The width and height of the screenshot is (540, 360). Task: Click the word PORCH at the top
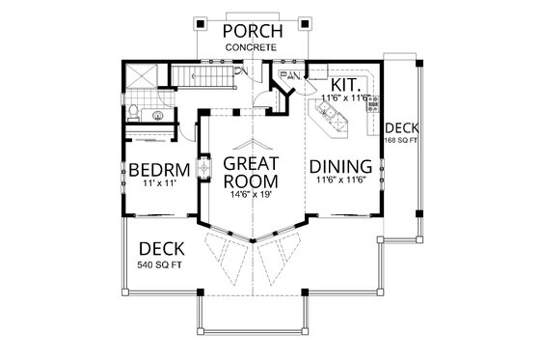coord(252,31)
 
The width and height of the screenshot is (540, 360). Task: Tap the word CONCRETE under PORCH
coord(252,47)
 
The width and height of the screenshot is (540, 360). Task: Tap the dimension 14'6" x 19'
coord(251,195)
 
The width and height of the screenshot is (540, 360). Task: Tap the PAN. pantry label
coord(287,74)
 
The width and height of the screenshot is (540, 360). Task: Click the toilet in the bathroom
coord(132,114)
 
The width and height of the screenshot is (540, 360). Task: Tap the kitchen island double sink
coord(330,122)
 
